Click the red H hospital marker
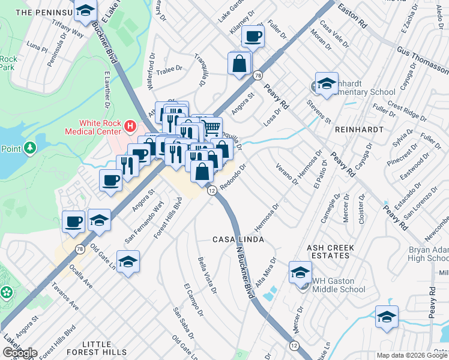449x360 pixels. [x=130, y=126]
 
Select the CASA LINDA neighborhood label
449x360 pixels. [x=239, y=239]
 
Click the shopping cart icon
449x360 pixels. [x=211, y=127]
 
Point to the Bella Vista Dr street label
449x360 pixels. [x=207, y=275]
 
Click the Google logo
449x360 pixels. [x=19, y=353]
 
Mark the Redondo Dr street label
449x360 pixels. [x=233, y=177]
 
